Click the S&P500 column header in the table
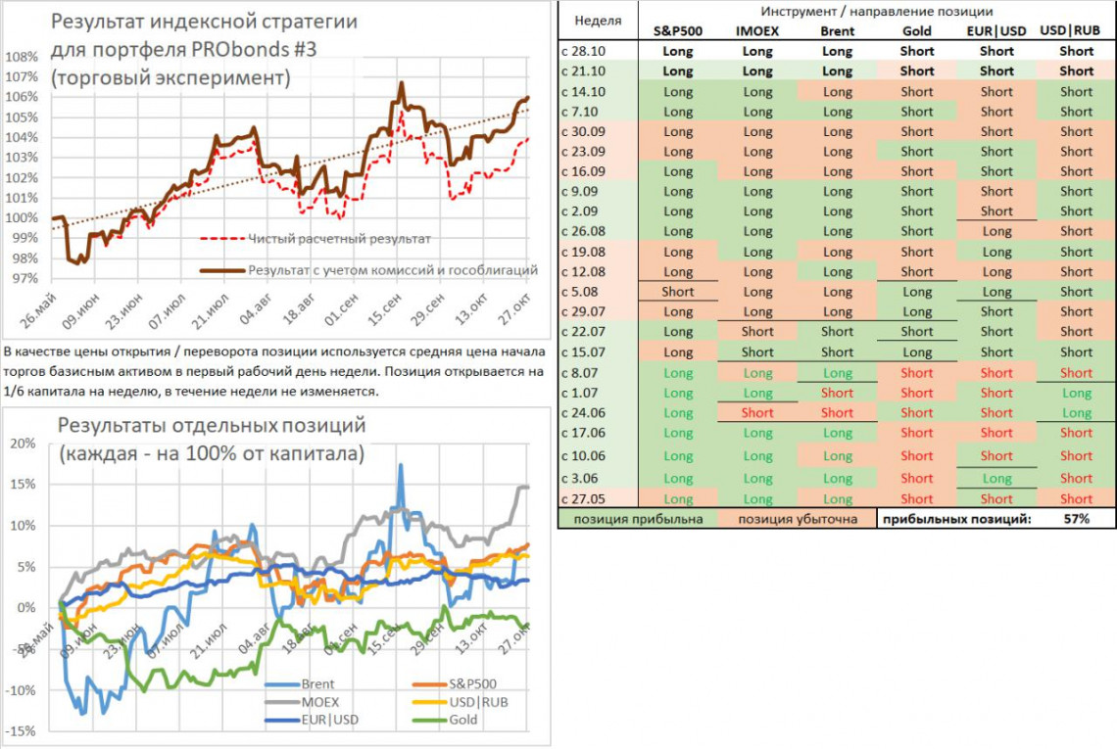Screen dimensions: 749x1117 pyautogui.click(x=677, y=30)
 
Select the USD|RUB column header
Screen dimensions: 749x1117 pyautogui.click(x=1076, y=30)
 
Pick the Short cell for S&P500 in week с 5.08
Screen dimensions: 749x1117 pyautogui.click(x=677, y=292)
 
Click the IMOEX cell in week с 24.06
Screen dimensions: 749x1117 pyautogui.click(x=757, y=412)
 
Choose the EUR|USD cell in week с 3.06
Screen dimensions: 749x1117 pyautogui.click(x=996, y=479)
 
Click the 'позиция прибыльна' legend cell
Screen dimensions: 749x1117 pyautogui.click(x=637, y=519)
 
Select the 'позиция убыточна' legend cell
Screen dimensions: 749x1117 pyautogui.click(x=797, y=519)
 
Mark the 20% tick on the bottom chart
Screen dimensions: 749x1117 pyautogui.click(x=24, y=443)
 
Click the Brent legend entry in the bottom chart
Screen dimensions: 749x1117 pyautogui.click(x=319, y=684)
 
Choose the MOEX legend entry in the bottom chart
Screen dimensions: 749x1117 pyautogui.click(x=320, y=702)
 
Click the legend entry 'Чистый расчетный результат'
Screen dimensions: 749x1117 pyautogui.click(x=339, y=238)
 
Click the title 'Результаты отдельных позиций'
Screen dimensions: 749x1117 pyautogui.click(x=212, y=425)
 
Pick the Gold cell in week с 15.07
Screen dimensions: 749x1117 pyautogui.click(x=917, y=352)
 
